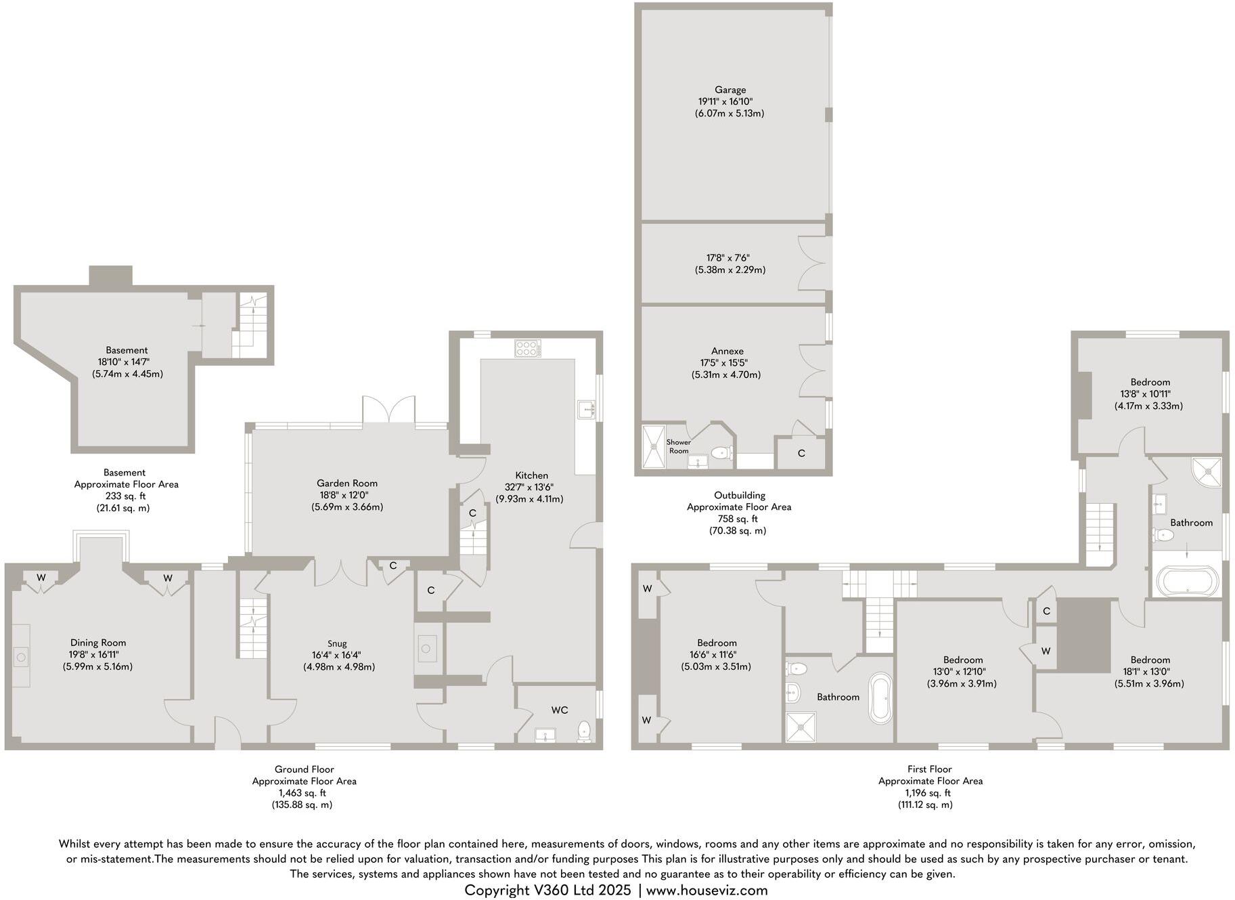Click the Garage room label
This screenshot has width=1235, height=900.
click(x=730, y=89)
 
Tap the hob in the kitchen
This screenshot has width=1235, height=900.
click(x=528, y=349)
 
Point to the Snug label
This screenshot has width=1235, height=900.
click(x=337, y=643)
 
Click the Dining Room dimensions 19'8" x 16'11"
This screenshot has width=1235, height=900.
click(x=98, y=654)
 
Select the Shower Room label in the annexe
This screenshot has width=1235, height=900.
click(x=679, y=446)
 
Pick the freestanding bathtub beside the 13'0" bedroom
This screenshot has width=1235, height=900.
click(x=880, y=698)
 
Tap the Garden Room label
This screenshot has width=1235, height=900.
click(x=347, y=483)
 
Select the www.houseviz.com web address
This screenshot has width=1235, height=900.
click(x=706, y=890)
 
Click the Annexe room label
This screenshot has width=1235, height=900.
click(x=727, y=351)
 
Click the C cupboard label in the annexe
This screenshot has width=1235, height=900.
click(x=801, y=453)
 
